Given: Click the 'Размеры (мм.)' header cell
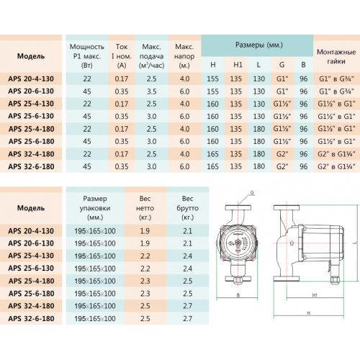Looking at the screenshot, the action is (259, 45).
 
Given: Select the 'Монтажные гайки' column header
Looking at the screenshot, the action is (336, 57).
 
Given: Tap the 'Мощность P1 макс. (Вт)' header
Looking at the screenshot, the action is (87, 56).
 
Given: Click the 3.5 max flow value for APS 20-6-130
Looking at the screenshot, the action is (152, 91).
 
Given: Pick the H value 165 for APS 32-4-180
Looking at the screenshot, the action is (212, 154).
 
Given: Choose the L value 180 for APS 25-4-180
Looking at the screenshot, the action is (258, 129).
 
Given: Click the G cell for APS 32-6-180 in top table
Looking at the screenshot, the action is (282, 166).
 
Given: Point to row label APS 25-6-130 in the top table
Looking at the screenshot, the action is (31, 116).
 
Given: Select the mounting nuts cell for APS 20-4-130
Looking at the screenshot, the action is (336, 78).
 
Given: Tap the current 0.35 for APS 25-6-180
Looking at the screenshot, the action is (122, 141).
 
